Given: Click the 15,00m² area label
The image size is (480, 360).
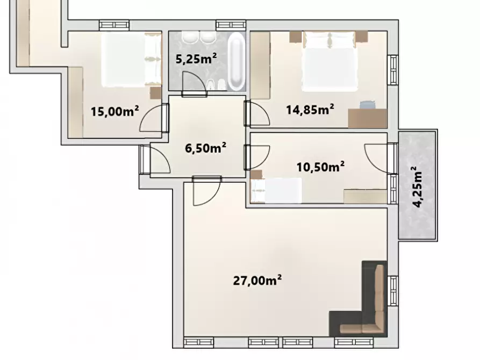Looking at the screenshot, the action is click(x=115, y=111).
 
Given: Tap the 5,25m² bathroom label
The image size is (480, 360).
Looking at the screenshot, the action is click(x=196, y=58).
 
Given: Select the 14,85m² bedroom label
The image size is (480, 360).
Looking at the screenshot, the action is click(x=310, y=109).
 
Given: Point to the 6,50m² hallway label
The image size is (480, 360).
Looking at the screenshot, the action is click(x=206, y=148).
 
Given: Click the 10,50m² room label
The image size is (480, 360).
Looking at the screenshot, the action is click(x=320, y=167).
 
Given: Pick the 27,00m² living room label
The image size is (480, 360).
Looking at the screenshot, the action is click(x=257, y=280).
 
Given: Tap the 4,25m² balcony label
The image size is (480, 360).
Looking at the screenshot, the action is click(x=418, y=187).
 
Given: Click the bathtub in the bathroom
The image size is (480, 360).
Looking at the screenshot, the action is click(x=237, y=62).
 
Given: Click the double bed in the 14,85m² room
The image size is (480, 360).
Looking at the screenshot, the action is click(x=329, y=61).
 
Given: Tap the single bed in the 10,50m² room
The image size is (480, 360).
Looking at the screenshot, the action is click(x=276, y=190).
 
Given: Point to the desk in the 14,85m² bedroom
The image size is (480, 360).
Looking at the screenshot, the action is click(x=367, y=118).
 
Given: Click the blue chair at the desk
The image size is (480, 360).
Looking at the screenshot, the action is click(x=367, y=104).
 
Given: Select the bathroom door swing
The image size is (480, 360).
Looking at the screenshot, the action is click(x=194, y=82).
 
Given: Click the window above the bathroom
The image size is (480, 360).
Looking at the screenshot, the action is click(x=231, y=25).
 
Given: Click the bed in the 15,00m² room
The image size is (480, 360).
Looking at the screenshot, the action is click(x=131, y=60).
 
